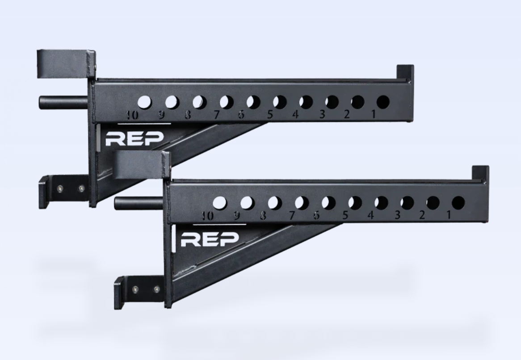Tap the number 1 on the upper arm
coord(374,114)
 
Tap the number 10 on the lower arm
coord(206,216)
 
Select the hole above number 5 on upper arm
coord(280,102)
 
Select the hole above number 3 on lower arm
coord(407,203)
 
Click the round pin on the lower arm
coord(138,204)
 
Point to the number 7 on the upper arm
coord(217,115)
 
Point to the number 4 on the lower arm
coord(370,215)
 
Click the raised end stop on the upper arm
coord(405,72)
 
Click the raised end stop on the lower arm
coord(480,173)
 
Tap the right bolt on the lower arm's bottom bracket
coord(156,289)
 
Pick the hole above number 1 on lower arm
coord(458,203)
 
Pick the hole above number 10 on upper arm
coord(144,102)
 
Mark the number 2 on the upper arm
coord(347,114)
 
